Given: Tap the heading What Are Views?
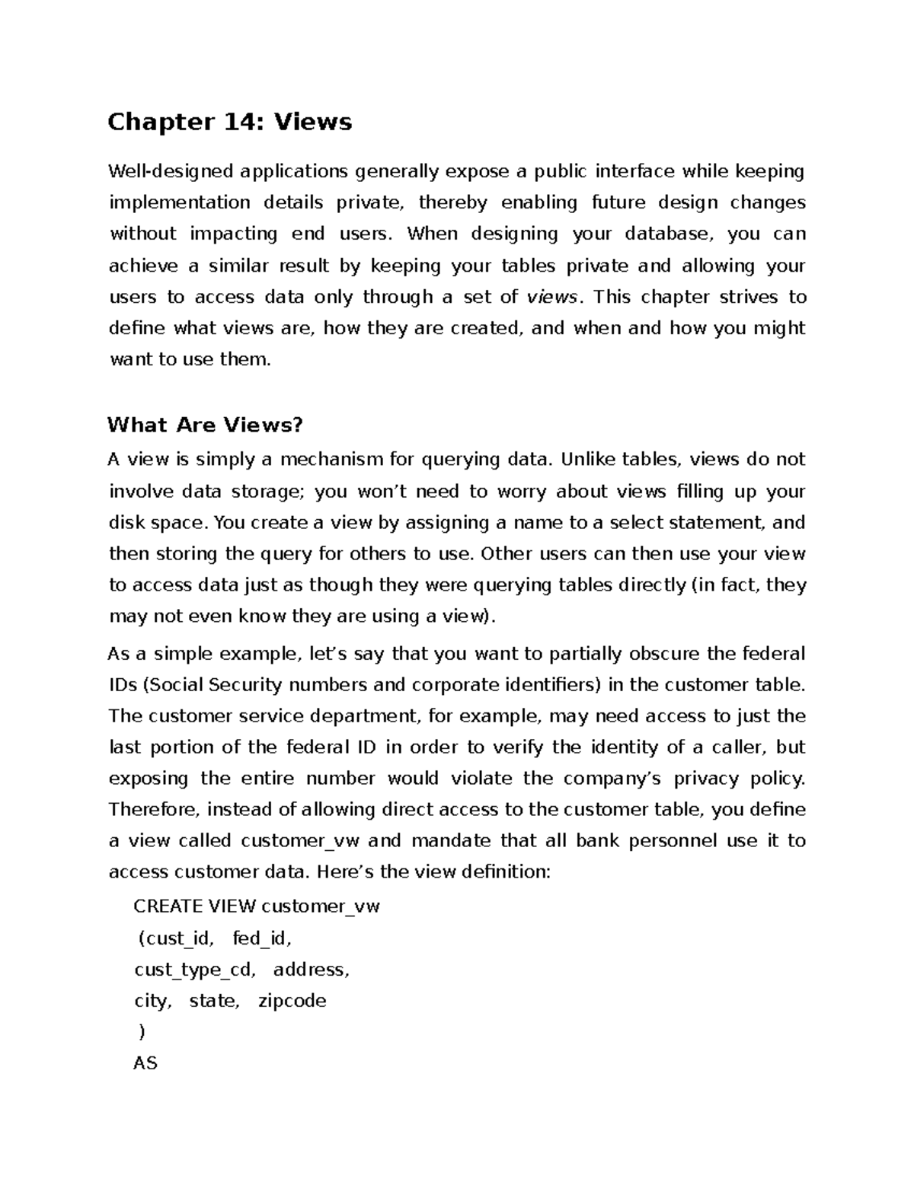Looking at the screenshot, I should (205, 425).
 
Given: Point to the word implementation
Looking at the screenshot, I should (179, 202).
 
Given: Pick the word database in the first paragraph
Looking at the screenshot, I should (669, 234).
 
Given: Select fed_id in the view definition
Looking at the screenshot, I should (261, 938).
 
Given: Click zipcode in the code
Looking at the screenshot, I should (292, 1001).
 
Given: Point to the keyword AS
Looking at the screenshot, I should (145, 1063).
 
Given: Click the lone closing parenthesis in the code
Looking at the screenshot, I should (141, 1033).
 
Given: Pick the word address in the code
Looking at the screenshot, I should (311, 970).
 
